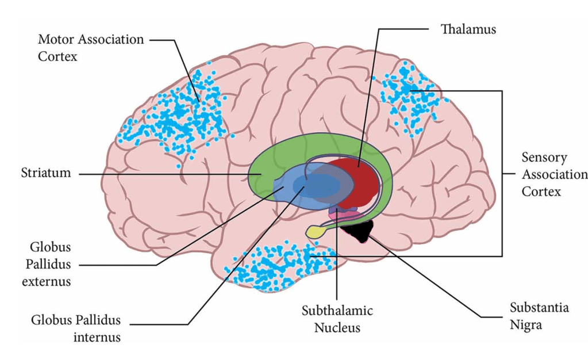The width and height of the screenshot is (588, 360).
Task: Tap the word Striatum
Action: click(x=47, y=173)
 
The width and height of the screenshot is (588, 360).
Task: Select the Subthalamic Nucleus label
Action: click(x=337, y=319)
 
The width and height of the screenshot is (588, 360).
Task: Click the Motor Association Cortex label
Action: click(x=90, y=48)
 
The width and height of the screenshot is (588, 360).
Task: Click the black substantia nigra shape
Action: click(x=358, y=230)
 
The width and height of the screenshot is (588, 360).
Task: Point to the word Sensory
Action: click(x=544, y=158)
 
